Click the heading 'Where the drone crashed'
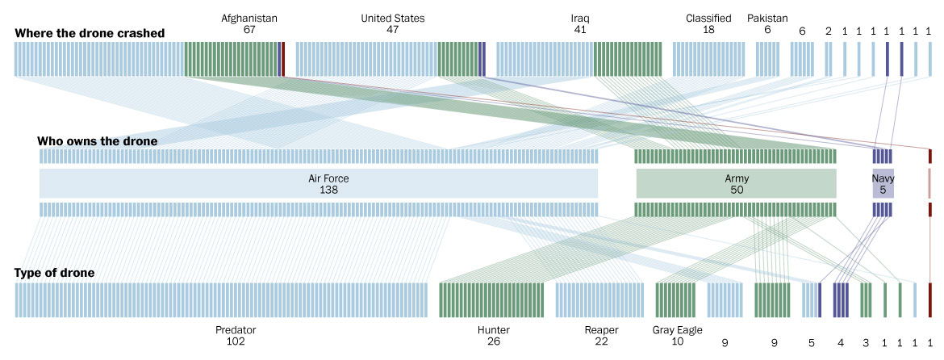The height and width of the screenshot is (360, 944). (90, 33)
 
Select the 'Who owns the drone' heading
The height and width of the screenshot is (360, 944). (97, 141)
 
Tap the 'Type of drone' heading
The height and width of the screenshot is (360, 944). (55, 274)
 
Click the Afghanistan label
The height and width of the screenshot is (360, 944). (249, 18)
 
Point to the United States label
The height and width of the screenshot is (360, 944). (392, 18)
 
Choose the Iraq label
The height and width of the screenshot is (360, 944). (580, 18)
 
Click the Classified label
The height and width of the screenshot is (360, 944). (708, 18)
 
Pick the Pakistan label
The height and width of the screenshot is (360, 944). (767, 18)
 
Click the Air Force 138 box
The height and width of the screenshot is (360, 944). (319, 183)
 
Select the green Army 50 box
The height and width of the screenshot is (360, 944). (736, 183)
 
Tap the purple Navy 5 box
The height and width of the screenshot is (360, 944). (883, 184)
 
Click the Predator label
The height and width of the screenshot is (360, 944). (236, 330)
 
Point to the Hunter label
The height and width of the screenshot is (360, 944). (494, 330)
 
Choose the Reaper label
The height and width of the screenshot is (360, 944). (600, 330)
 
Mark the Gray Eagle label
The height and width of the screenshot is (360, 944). (677, 330)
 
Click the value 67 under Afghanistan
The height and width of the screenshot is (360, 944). (249, 30)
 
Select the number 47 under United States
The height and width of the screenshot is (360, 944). (392, 30)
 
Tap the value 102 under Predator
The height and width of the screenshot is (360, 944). (236, 341)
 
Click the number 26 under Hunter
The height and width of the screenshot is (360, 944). (494, 341)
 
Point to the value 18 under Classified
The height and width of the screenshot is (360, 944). (708, 30)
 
